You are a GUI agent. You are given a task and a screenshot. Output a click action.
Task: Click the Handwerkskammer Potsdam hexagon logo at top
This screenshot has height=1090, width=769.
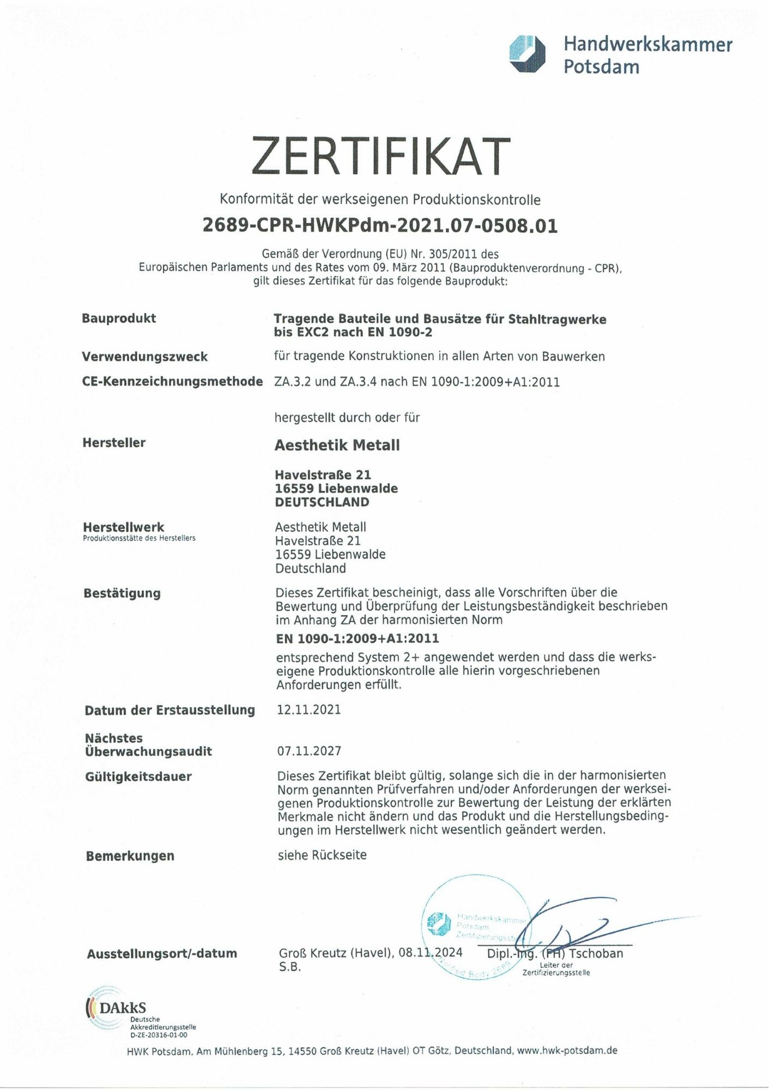coord(526,53)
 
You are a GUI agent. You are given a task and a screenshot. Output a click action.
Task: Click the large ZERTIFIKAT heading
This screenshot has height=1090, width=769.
coord(380,156)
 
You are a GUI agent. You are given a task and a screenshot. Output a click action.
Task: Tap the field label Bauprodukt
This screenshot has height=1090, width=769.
coord(119,318)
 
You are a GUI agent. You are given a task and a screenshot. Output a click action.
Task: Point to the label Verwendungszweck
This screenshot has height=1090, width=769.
coord(144,357)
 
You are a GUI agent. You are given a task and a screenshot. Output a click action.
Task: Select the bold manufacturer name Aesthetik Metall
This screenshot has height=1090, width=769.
coord(337,445)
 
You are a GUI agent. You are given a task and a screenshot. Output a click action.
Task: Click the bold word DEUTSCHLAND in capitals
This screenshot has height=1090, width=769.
coord(322,502)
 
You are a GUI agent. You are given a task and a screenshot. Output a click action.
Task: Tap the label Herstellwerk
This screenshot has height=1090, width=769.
coord(123,527)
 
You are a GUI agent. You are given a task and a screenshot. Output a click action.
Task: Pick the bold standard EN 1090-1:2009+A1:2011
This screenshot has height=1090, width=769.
coord(357,638)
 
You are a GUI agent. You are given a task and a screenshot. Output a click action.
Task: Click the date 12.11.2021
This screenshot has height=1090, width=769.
coord(308,709)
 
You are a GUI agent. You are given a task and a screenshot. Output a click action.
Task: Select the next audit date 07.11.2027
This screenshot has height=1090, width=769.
coord(309,751)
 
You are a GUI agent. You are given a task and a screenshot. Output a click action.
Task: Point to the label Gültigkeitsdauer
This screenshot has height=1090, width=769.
coord(138,776)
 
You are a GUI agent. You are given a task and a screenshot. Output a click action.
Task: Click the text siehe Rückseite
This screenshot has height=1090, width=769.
coord(322,855)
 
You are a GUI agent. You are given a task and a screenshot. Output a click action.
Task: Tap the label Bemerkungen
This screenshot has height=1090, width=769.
coord(130,856)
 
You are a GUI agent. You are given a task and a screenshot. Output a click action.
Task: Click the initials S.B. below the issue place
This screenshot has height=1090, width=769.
coord(289,967)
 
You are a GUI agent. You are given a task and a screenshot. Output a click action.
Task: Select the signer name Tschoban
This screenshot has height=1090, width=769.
coord(596,953)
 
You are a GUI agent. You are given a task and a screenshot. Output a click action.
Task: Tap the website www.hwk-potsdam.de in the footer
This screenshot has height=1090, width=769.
coord(567,1050)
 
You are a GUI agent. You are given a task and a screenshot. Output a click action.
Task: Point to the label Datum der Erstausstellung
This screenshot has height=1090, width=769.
coord(169,710)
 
